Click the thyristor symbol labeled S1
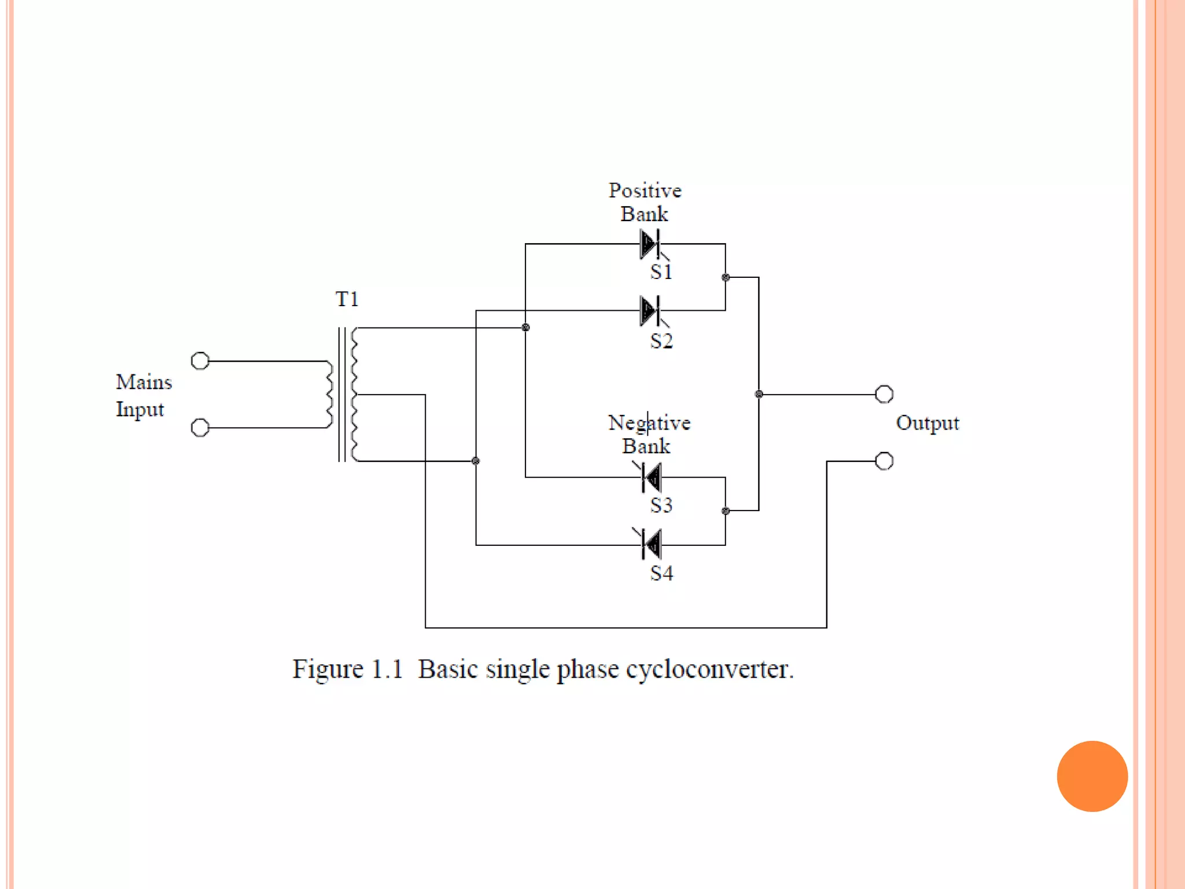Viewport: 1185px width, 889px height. click(650, 244)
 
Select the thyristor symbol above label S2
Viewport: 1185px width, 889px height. click(650, 311)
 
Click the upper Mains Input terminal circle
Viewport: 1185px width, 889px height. click(200, 361)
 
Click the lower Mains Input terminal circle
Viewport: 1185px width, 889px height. click(200, 428)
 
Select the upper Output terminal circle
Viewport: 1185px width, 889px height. click(884, 394)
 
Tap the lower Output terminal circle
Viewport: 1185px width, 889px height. click(884, 461)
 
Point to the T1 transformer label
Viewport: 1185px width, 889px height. click(347, 299)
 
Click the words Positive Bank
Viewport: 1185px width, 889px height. click(645, 202)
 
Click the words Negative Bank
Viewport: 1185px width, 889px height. click(648, 434)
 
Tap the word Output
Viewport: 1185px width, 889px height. click(927, 423)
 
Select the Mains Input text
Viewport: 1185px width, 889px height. click(143, 395)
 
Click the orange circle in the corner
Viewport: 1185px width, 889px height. click(1092, 776)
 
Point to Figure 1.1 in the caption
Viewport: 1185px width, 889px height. click(347, 670)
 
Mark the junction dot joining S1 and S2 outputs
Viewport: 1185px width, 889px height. click(726, 277)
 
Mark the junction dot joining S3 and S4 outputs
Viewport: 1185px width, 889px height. click(726, 511)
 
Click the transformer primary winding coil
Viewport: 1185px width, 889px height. click(330, 394)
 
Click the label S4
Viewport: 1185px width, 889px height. click(661, 573)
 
